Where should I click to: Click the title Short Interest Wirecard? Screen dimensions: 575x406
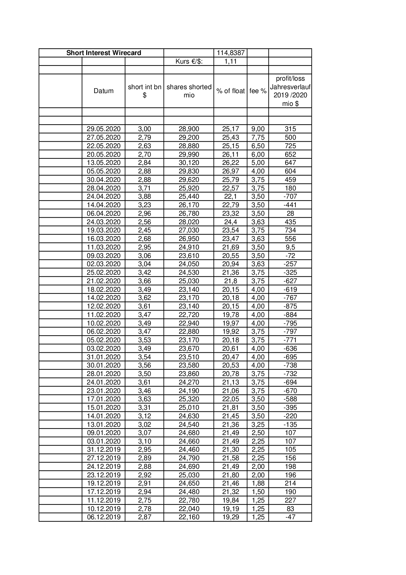[x=103, y=53]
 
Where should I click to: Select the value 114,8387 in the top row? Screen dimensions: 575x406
[x=231, y=53]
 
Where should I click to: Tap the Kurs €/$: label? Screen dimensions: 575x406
[x=189, y=61]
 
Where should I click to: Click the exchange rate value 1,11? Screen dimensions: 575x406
[x=231, y=61]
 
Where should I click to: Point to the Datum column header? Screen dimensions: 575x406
[x=103, y=91]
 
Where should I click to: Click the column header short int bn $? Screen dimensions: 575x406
[x=144, y=91]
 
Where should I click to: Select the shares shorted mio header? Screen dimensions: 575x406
[x=189, y=91]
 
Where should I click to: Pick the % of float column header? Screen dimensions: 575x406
[x=231, y=91]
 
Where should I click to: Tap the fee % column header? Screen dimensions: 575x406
[x=258, y=91]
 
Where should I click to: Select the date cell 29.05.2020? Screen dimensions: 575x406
[x=103, y=129]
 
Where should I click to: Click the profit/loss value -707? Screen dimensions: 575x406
[x=290, y=196]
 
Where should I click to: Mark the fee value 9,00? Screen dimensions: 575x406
[x=258, y=129]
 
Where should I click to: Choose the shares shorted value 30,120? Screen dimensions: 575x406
[x=189, y=163]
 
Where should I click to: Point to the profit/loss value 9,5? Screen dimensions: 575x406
[x=290, y=247]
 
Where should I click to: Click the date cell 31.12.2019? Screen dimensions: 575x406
[x=103, y=449]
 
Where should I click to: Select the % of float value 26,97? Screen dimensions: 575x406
[x=231, y=171]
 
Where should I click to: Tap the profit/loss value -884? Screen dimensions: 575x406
[x=290, y=315]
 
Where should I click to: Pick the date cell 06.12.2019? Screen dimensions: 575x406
[x=103, y=517]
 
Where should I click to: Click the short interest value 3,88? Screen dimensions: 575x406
[x=144, y=196]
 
